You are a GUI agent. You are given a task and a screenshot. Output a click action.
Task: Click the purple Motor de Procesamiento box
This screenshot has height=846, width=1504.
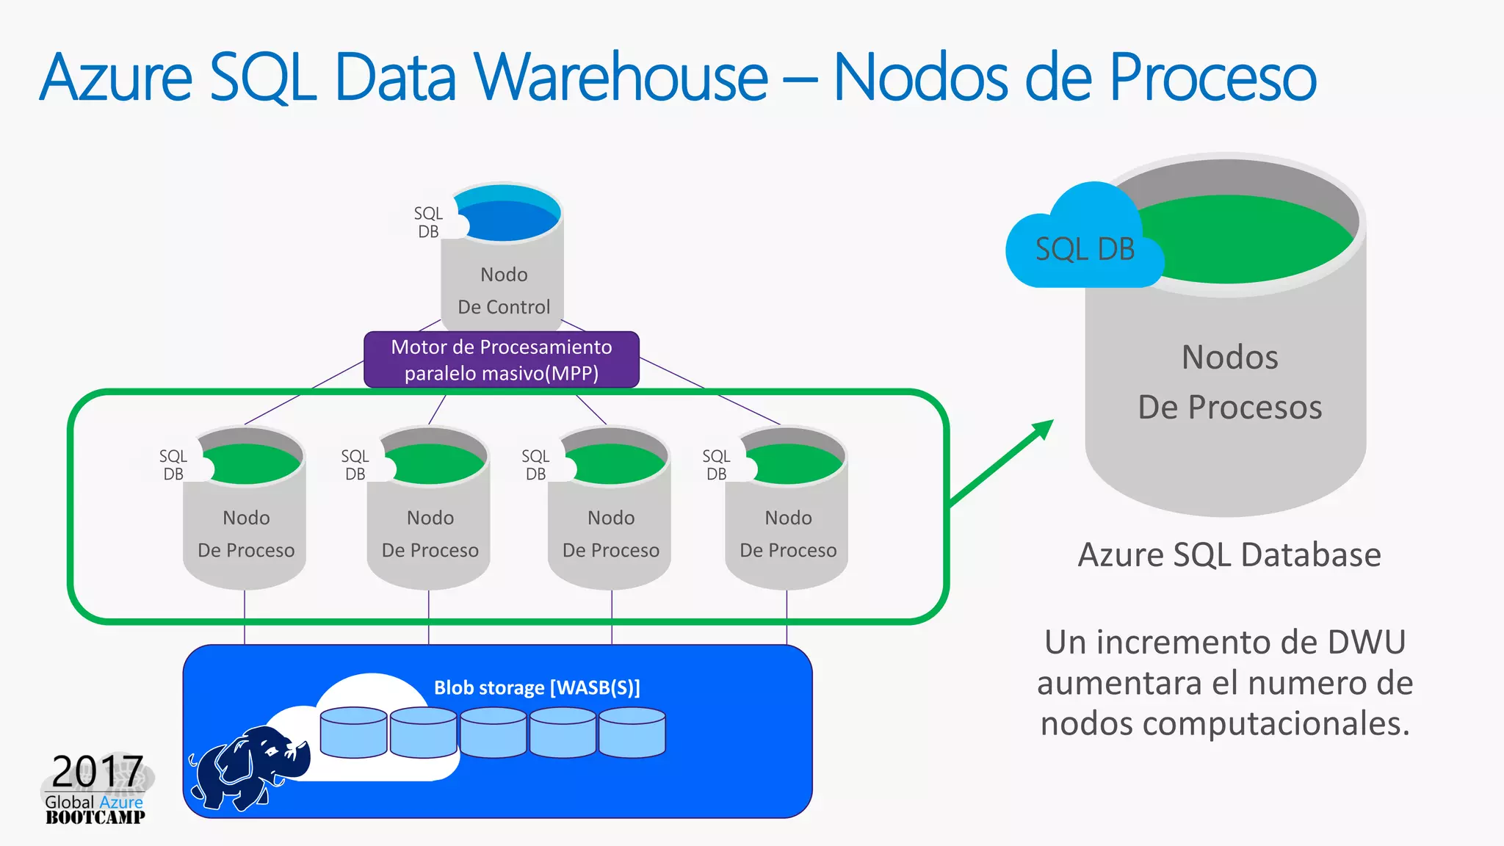tap(502, 360)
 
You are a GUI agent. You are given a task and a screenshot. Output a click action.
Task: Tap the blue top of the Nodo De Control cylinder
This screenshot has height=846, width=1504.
tap(507, 217)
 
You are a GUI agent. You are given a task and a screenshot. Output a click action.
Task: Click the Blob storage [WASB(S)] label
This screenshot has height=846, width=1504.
tap(537, 687)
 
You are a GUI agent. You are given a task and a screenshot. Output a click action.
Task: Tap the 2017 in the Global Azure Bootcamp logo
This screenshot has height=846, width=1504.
tap(97, 771)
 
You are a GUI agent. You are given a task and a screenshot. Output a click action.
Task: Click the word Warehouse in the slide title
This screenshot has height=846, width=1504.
tap(621, 77)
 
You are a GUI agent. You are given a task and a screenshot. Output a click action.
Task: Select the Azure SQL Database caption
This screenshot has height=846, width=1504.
tap(1229, 554)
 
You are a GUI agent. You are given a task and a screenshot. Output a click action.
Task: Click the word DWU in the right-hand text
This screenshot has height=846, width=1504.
tap(1366, 642)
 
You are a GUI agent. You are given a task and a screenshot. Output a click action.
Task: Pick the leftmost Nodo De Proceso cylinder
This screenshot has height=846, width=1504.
tap(245, 514)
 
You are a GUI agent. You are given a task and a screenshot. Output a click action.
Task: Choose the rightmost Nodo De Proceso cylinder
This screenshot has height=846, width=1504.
tap(788, 514)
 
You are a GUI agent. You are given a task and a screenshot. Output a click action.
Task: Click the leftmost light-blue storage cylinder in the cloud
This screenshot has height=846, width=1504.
tap(353, 732)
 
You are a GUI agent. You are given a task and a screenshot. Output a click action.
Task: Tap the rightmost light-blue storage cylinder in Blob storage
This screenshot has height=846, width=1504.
tap(632, 732)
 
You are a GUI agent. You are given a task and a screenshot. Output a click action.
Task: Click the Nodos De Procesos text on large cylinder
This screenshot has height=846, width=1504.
tap(1229, 382)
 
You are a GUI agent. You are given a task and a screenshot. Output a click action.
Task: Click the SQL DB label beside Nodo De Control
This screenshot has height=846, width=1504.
tap(428, 223)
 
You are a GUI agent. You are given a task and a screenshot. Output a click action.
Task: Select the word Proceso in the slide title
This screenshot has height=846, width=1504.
tap(1212, 77)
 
